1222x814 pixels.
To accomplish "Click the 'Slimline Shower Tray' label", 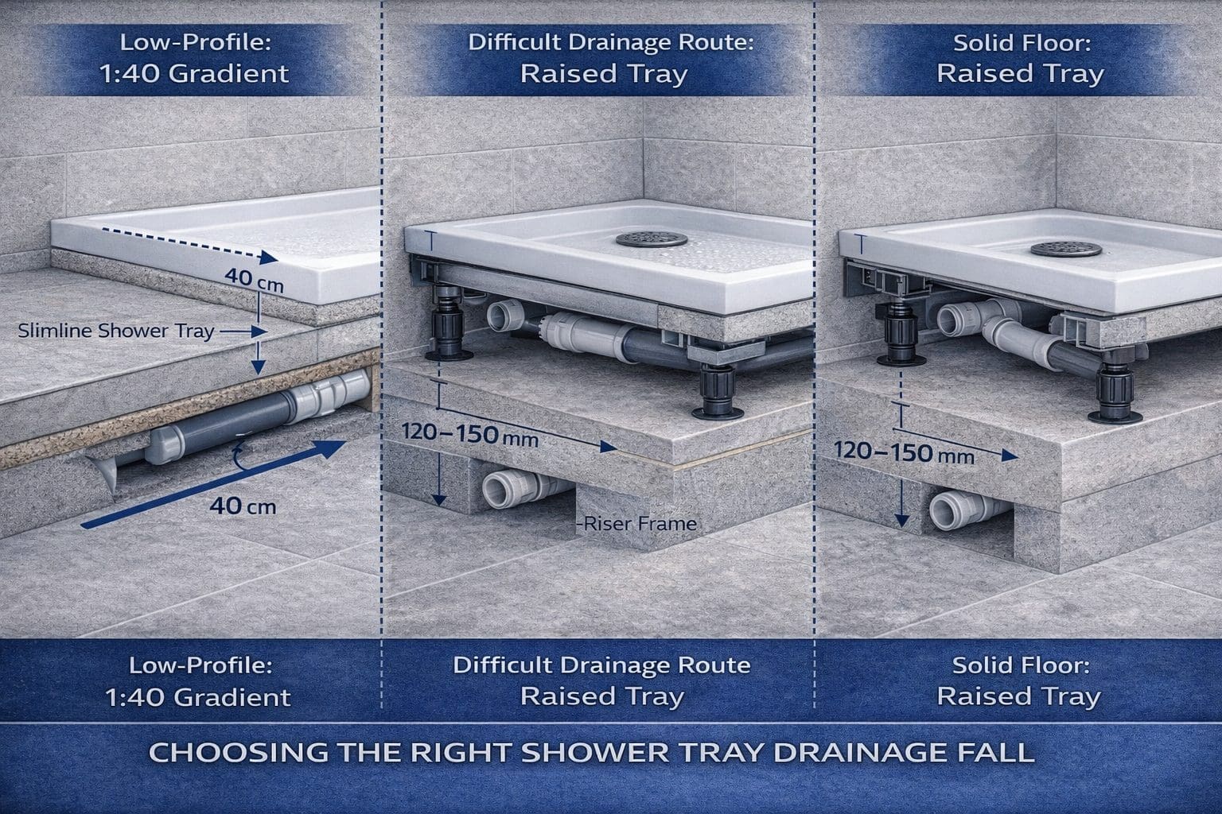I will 115,331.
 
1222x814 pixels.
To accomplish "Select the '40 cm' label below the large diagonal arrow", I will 243,506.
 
